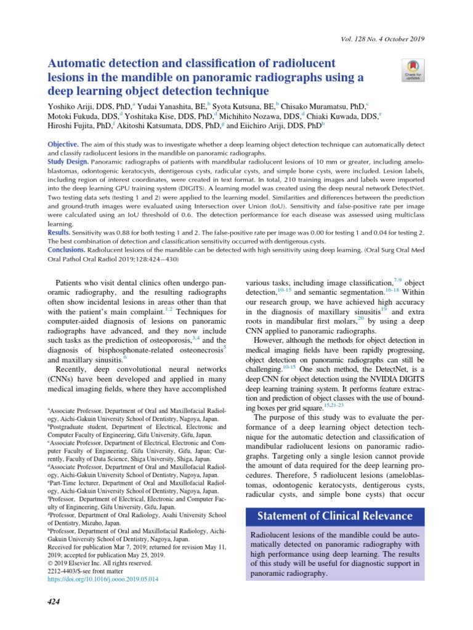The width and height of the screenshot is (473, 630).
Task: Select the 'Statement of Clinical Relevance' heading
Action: tap(335, 516)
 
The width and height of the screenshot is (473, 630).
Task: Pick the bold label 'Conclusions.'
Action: tap(67, 250)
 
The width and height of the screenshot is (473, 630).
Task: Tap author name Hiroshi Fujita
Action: tap(73, 126)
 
